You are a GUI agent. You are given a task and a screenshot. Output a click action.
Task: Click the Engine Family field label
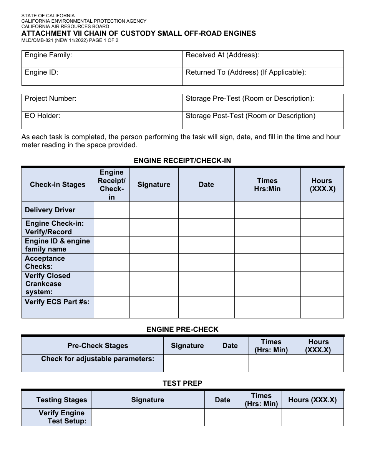[x=48, y=55]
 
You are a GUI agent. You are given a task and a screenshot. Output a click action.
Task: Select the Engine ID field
[x=102, y=77]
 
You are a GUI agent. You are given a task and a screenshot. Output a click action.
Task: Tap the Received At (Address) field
[x=263, y=59]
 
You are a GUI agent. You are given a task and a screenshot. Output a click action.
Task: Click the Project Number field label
[x=51, y=98]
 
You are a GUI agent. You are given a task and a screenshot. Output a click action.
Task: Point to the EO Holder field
[x=102, y=120]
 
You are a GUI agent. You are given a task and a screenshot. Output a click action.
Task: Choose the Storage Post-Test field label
[x=251, y=116]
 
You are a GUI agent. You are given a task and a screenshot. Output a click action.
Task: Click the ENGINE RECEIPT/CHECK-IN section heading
[x=182, y=161]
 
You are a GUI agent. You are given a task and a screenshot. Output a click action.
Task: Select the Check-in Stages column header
[x=58, y=185]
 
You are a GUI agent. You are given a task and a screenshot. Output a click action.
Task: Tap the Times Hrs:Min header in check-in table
[x=267, y=185]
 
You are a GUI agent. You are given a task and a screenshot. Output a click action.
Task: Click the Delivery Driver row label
[x=50, y=210]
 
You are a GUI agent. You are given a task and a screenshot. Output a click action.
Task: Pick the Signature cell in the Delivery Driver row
[x=154, y=210]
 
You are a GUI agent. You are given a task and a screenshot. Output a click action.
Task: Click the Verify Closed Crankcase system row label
[x=48, y=284]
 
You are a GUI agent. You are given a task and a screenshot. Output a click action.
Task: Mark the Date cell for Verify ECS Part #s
[x=206, y=307]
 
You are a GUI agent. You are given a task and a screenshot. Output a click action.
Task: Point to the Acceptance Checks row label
[x=45, y=262]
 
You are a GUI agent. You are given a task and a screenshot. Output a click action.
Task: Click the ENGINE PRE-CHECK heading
[x=182, y=330]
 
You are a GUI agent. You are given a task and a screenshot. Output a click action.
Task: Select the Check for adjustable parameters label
[x=98, y=359]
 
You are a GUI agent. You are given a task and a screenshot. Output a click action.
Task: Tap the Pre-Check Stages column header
[x=98, y=346]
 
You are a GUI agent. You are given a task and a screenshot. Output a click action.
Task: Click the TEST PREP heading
[x=182, y=383]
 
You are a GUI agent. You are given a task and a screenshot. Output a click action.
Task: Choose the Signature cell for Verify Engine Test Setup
[x=148, y=417]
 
